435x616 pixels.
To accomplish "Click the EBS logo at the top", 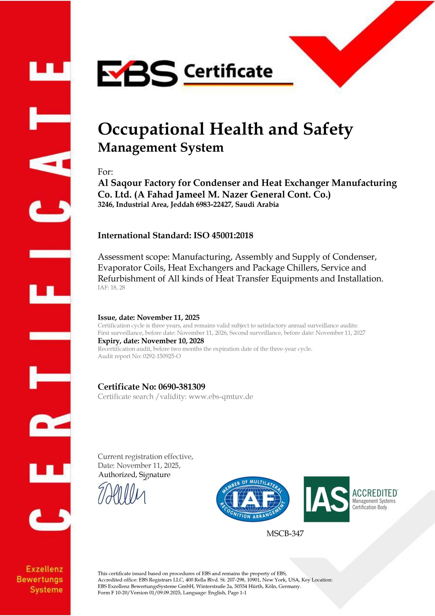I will click(137, 73).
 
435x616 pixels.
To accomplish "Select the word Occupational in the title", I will click(151, 129).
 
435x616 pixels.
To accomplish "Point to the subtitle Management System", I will click(160, 147).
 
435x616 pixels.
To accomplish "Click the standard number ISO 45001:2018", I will click(223, 235).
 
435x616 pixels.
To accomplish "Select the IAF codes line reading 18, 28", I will click(118, 287).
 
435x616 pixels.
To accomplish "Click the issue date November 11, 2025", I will click(168, 318).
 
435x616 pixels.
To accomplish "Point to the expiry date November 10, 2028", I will click(173, 341).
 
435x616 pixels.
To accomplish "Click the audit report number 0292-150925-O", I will click(162, 356).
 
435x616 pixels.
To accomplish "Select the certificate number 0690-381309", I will click(182, 387).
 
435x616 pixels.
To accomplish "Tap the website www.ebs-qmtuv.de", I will click(221, 397).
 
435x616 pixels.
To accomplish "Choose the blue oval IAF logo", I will click(253, 499).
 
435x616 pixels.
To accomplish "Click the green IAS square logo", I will click(326, 499).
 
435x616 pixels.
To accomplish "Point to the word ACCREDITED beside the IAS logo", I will click(375, 493).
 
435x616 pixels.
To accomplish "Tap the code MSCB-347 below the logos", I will click(285, 534).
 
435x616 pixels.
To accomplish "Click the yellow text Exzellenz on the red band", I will click(45, 569).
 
